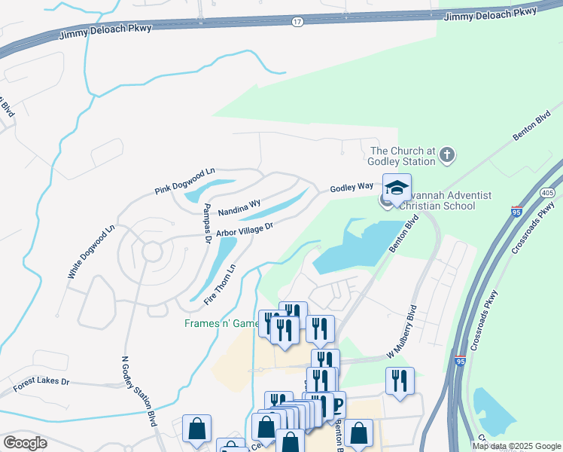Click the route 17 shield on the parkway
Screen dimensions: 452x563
point(298,23)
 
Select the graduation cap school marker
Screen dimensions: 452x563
point(397,187)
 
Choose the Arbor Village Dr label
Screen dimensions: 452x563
point(244,228)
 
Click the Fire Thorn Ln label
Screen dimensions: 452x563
point(222,284)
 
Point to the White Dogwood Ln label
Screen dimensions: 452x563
point(90,252)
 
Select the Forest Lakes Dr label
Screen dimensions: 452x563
point(41,385)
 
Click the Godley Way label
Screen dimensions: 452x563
point(352,187)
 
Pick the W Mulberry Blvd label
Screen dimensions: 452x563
point(401,332)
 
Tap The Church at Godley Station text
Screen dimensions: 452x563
point(403,156)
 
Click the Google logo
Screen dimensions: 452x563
point(26,443)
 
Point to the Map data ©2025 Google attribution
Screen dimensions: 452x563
point(515,446)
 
